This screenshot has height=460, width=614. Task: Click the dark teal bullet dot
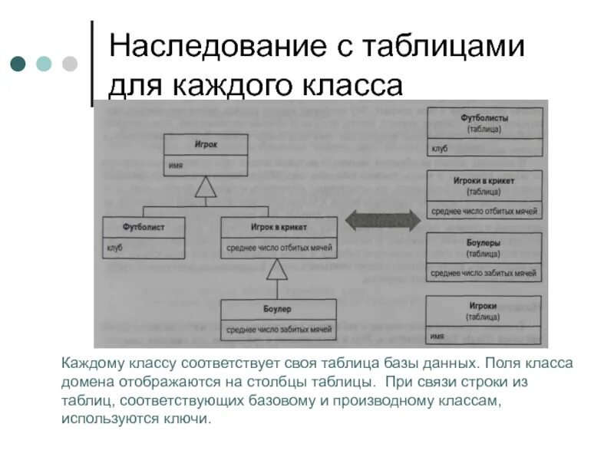tap(18, 64)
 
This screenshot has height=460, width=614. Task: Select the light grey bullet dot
tap(69, 64)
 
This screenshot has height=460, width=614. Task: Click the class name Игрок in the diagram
tap(205, 143)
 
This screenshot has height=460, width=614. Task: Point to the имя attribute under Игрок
tap(176, 165)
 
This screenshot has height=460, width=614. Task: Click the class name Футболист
tap(144, 227)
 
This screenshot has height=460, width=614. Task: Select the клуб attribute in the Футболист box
tap(114, 248)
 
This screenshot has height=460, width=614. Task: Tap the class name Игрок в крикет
tap(279, 227)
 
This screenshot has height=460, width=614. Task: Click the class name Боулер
tap(278, 309)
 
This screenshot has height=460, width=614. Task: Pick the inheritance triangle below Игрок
tap(205, 186)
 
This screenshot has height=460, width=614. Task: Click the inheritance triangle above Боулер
tap(277, 269)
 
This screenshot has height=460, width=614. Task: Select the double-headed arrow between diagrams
tap(382, 221)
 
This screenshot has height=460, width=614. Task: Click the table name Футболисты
tap(484, 120)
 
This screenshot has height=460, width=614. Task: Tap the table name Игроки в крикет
tap(484, 181)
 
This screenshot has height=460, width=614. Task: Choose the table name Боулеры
tap(484, 243)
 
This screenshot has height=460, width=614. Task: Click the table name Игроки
tap(484, 305)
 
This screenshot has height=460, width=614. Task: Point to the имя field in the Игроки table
tap(438, 336)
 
